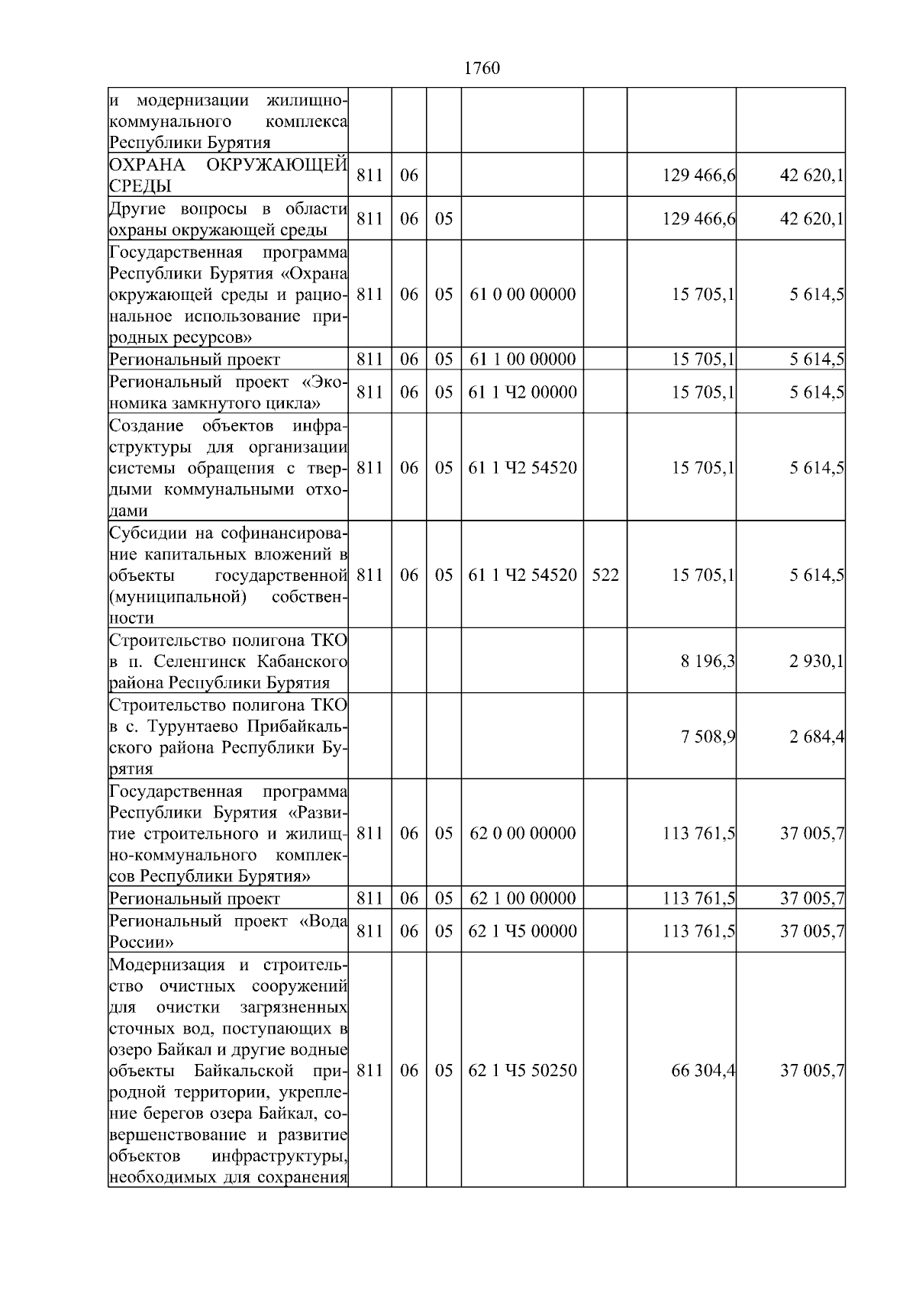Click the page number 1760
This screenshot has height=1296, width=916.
tap(482, 69)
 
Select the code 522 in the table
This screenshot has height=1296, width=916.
tap(605, 575)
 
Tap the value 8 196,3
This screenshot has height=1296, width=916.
tap(708, 661)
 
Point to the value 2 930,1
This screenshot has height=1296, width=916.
tap(817, 661)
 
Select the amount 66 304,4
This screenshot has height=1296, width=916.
tap(703, 1071)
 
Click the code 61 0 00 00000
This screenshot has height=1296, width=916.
tap(522, 295)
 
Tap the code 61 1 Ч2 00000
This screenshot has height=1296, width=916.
tap(522, 392)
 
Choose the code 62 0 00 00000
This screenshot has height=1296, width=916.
tap(522, 833)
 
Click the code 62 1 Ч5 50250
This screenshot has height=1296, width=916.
tap(522, 1071)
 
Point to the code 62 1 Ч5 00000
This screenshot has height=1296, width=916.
tap(522, 931)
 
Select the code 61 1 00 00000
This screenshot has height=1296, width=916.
tap(522, 359)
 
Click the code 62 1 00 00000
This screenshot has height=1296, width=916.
tap(522, 898)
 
